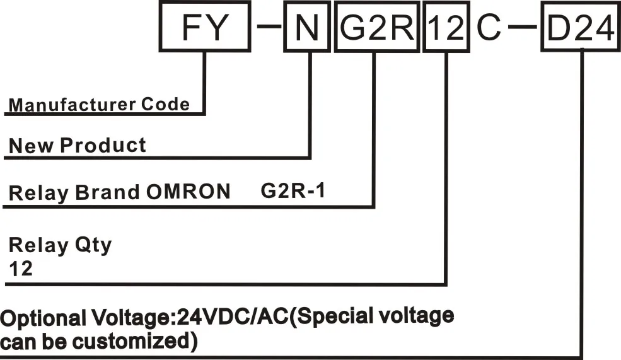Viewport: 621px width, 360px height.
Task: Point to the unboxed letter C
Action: (489, 27)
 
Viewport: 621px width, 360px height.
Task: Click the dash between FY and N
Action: (269, 26)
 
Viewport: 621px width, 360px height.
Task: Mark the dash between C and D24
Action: (522, 26)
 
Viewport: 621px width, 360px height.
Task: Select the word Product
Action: (103, 146)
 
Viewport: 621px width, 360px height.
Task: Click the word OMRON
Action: (189, 192)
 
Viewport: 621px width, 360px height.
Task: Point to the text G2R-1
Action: (293, 191)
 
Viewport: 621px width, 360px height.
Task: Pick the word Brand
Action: (108, 192)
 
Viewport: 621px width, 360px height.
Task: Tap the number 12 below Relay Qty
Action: (21, 269)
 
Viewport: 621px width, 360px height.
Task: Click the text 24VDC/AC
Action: (233, 316)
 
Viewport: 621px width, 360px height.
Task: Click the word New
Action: (31, 146)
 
